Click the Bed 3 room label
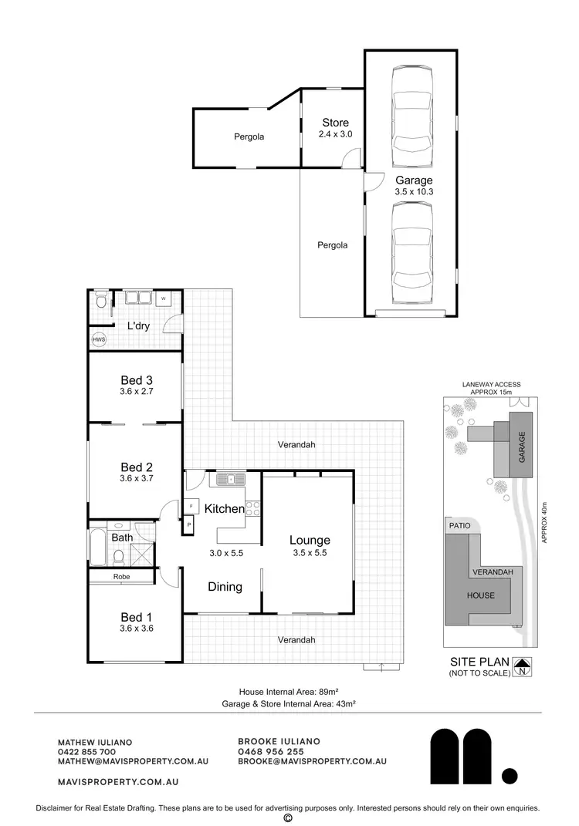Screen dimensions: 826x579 pyautogui.click(x=137, y=379)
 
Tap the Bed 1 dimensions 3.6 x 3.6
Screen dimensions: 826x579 pyautogui.click(x=137, y=628)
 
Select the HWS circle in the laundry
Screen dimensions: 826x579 pyautogui.click(x=99, y=339)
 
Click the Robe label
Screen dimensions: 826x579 pyautogui.click(x=122, y=577)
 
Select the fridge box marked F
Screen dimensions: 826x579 pyautogui.click(x=191, y=507)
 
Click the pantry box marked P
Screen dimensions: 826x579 pyautogui.click(x=189, y=524)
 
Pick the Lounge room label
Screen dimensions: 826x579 pyautogui.click(x=310, y=540)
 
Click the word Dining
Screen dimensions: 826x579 pyautogui.click(x=225, y=587)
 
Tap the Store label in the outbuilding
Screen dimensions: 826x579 pyautogui.click(x=335, y=123)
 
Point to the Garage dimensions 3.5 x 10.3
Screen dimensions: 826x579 pyautogui.click(x=415, y=191)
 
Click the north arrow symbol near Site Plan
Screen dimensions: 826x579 pyautogui.click(x=522, y=666)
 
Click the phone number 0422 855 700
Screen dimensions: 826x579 pyautogui.click(x=86, y=751)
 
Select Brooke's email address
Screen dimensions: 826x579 pyautogui.click(x=312, y=760)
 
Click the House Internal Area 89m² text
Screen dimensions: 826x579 pyautogui.click(x=287, y=691)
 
